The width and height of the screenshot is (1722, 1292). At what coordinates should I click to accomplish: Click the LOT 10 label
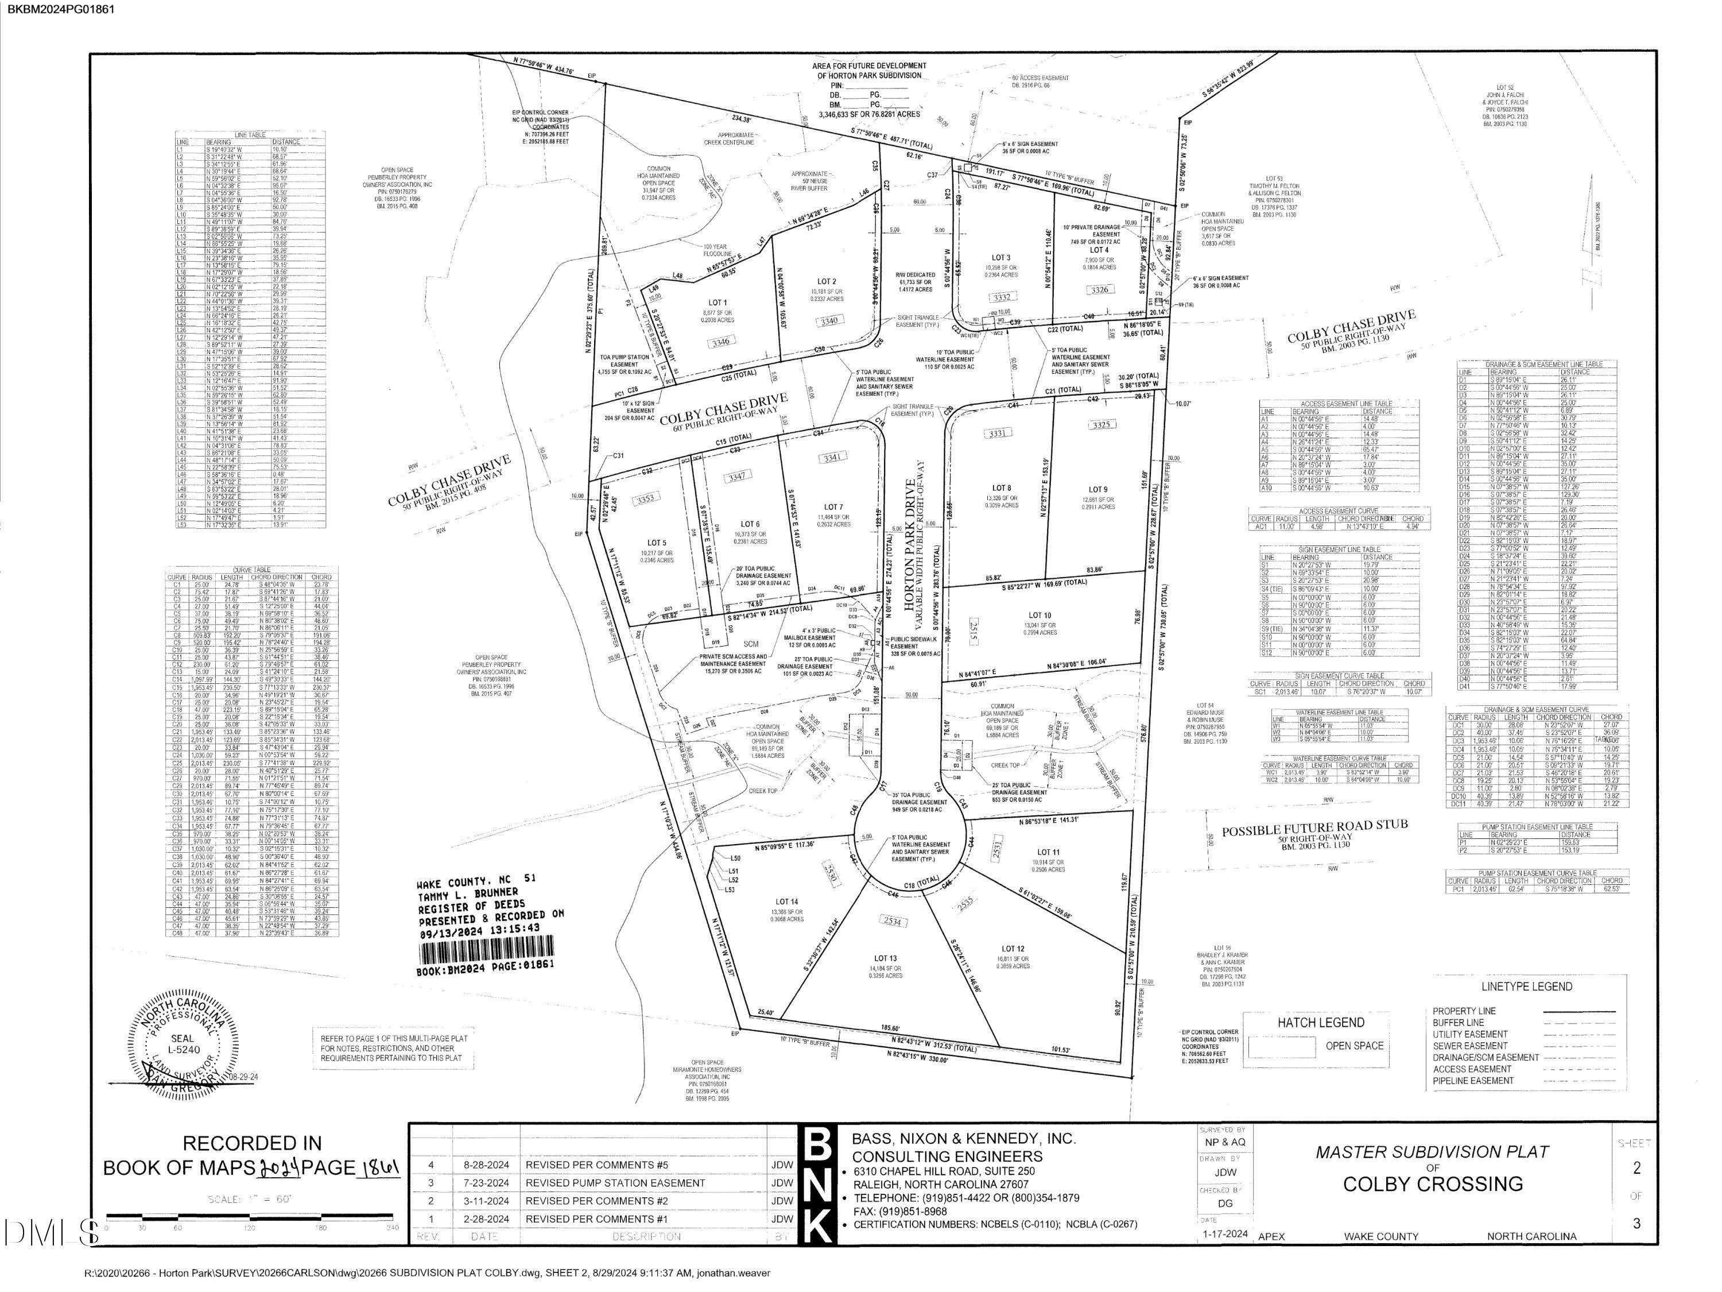[1040, 615]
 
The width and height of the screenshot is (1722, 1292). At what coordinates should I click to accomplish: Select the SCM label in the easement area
[750, 644]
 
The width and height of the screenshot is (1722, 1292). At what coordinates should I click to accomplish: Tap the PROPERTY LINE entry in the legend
[1464, 1011]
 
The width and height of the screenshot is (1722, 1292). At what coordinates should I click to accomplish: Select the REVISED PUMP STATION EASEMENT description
[615, 1182]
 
